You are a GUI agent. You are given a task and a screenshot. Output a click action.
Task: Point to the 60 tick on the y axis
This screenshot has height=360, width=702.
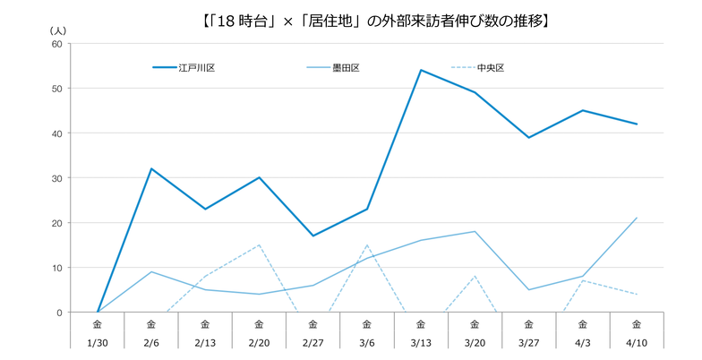[56, 44]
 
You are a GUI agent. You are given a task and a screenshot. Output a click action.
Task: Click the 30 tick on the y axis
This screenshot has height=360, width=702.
[56, 178]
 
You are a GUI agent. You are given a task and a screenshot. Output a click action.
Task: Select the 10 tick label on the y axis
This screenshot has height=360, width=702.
[56, 268]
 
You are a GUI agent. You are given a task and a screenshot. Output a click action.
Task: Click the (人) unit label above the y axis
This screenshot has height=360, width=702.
[57, 30]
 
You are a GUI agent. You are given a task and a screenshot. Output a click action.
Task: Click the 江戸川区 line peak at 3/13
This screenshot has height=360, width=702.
[421, 70]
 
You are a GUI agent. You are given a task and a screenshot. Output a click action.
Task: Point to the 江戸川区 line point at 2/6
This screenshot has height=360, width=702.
[151, 168]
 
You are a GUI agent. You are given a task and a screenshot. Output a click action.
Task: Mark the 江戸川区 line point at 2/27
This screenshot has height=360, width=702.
[312, 236]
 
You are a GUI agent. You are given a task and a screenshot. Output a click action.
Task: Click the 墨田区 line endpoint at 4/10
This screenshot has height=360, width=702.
[637, 218]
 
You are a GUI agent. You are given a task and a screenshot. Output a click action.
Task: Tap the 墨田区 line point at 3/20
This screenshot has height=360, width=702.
[475, 231]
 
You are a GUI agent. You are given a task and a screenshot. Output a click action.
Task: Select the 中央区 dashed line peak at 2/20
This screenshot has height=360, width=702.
[259, 244]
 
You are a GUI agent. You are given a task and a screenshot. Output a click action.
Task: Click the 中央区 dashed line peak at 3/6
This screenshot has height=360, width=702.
[367, 244]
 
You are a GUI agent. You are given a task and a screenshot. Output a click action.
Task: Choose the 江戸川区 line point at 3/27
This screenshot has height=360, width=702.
[528, 137]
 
